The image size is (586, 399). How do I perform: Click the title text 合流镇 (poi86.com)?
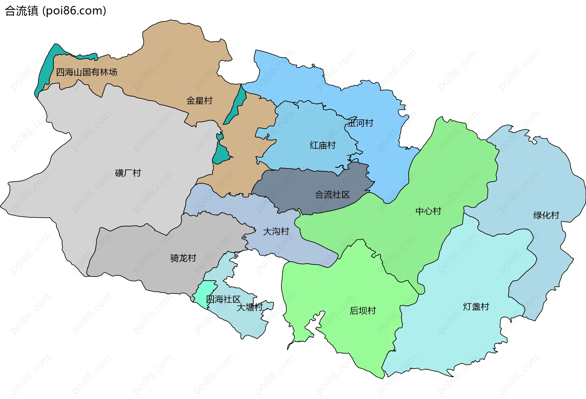(56, 11)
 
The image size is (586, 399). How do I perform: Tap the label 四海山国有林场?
(86, 72)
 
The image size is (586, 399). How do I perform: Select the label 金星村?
(199, 101)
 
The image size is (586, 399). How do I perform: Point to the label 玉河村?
(360, 123)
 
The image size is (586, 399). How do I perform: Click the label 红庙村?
(323, 145)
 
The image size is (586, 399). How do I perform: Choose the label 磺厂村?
(128, 173)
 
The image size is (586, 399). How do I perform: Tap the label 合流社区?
(332, 195)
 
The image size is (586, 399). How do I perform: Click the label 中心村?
(428, 211)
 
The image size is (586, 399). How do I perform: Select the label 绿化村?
(546, 215)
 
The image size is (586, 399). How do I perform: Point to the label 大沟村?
(276, 231)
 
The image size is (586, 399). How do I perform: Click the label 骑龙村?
(183, 258)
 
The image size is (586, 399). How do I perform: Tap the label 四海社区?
(223, 299)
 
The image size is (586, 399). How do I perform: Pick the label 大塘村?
(250, 307)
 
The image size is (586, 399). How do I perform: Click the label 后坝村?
(363, 311)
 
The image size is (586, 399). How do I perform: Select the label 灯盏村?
(476, 307)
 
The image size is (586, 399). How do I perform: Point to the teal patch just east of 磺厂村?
(220, 152)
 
